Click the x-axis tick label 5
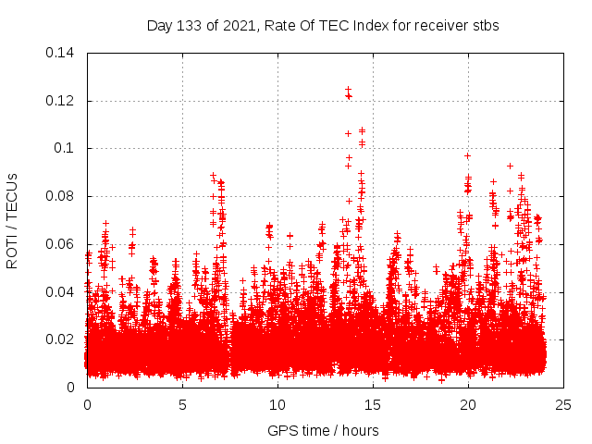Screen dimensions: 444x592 [182, 404]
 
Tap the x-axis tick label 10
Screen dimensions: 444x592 [277, 404]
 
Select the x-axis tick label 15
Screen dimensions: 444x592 [373, 404]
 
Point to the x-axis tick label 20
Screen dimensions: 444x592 [468, 404]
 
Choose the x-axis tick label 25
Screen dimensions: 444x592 [563, 404]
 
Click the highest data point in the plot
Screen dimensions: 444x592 [348, 90]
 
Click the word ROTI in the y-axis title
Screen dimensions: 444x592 [13, 252]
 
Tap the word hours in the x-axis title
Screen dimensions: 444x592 [360, 430]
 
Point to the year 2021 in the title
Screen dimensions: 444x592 [232, 25]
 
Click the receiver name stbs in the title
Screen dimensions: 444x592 [484, 25]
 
